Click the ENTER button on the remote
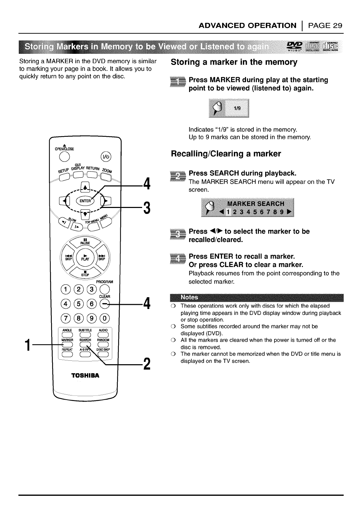(x=85, y=201)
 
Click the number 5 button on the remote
(x=79, y=304)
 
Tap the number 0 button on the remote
(x=105, y=318)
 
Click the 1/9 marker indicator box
(x=229, y=108)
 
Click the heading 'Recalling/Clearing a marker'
(x=226, y=153)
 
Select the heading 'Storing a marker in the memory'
(x=234, y=62)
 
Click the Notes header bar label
(x=189, y=297)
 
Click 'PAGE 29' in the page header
(x=325, y=26)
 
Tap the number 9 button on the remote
(x=92, y=318)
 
